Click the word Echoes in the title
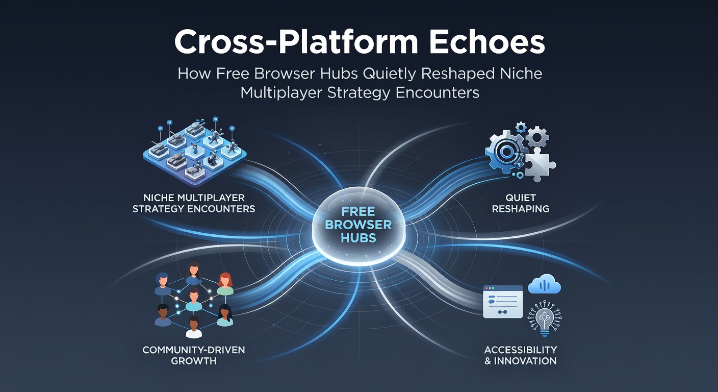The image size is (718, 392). coord(486,42)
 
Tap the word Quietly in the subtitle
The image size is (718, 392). coord(390,75)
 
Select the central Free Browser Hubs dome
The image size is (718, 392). coord(358,226)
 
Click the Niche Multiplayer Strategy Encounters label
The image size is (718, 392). coord(194,203)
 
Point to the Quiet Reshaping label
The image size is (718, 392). coord(521,203)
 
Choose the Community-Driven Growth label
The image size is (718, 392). coord(194,355)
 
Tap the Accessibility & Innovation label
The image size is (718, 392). coord(521,355)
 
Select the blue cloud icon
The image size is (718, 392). coord(544,284)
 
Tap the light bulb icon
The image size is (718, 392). coord(545,318)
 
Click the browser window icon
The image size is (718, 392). coord(503,302)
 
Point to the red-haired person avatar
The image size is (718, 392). coord(225,284)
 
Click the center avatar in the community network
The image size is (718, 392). coord(194,300)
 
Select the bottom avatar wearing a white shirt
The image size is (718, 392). coord(194,327)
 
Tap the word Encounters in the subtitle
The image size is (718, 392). coord(437,93)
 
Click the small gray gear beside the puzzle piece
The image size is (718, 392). coord(537,136)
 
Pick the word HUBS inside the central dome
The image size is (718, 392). coord(358,238)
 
